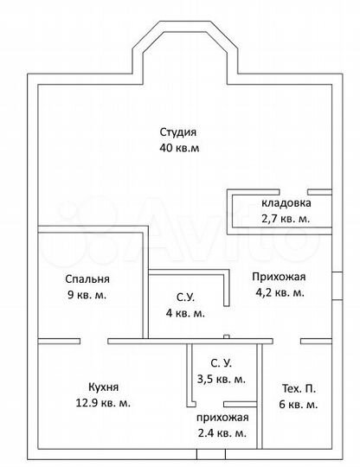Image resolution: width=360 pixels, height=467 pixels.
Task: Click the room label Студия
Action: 178,132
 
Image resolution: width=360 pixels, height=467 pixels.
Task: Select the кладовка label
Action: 285,203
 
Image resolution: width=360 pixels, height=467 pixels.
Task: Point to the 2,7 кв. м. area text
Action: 285,219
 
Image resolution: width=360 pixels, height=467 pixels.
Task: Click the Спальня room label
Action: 87,279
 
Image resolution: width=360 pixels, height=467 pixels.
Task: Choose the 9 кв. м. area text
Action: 87,296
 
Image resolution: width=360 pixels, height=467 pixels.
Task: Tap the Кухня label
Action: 103,387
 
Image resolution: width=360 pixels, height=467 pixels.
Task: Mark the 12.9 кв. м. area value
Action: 103,403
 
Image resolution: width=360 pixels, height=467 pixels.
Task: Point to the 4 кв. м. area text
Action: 184,313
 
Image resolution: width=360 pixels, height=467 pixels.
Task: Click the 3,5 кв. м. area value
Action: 222,379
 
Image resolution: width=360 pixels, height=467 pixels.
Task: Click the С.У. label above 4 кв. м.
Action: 184,297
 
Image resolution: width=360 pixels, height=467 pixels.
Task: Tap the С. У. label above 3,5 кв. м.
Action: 222,363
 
